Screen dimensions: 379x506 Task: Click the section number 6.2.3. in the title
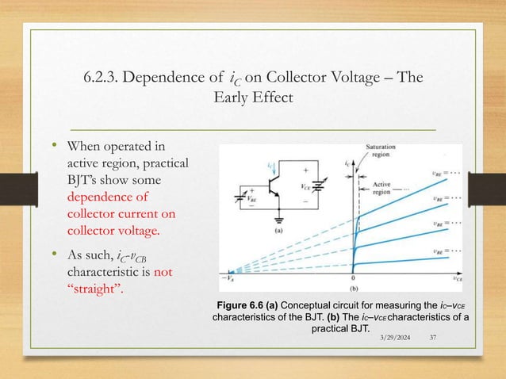pyautogui.click(x=108, y=77)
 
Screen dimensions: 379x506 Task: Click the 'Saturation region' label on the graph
pyautogui.click(x=381, y=151)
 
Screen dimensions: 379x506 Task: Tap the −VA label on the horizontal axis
pyautogui.click(x=227, y=278)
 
